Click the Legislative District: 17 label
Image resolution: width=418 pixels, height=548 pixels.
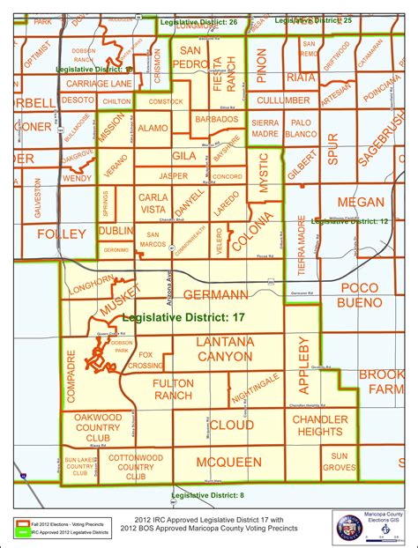183,317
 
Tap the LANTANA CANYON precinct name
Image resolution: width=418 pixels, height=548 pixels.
212,348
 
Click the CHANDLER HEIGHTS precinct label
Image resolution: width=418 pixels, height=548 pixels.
320,426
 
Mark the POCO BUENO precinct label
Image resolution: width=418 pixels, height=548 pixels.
360,295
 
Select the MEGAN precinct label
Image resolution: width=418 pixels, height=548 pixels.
361,202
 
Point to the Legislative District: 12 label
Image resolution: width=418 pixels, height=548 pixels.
350,222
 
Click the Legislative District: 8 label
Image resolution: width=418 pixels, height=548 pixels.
207,497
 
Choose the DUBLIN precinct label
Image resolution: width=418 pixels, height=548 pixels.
116,231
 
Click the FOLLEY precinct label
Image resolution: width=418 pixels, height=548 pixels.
61,233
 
